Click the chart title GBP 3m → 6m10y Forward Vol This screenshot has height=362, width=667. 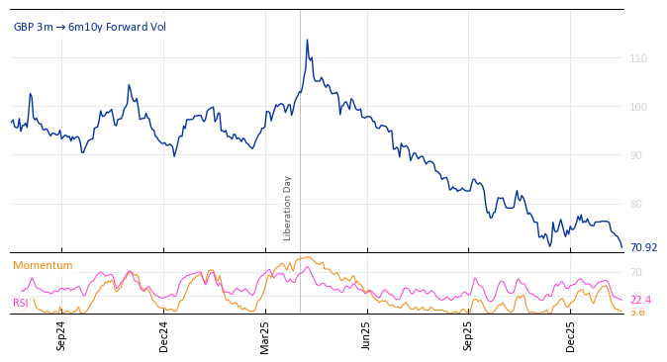[x=90, y=27]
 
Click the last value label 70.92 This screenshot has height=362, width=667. [x=643, y=247]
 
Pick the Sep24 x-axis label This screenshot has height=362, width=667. [x=61, y=334]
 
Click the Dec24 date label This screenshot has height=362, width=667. [x=164, y=334]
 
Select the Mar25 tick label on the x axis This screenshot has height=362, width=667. [x=265, y=334]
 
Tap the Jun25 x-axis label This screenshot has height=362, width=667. [x=366, y=334]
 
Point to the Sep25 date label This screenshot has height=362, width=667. [x=469, y=334]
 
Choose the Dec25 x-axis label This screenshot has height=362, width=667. [x=571, y=334]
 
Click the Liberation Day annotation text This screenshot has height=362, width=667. [x=288, y=208]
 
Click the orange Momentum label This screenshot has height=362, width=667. [x=43, y=265]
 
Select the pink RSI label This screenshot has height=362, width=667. [x=21, y=303]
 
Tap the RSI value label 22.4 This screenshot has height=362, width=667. [x=640, y=300]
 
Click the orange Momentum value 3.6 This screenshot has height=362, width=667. [x=637, y=312]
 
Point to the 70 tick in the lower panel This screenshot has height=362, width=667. [x=636, y=272]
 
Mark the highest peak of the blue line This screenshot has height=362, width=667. [x=307, y=40]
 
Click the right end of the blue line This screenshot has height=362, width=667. [x=621, y=247]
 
